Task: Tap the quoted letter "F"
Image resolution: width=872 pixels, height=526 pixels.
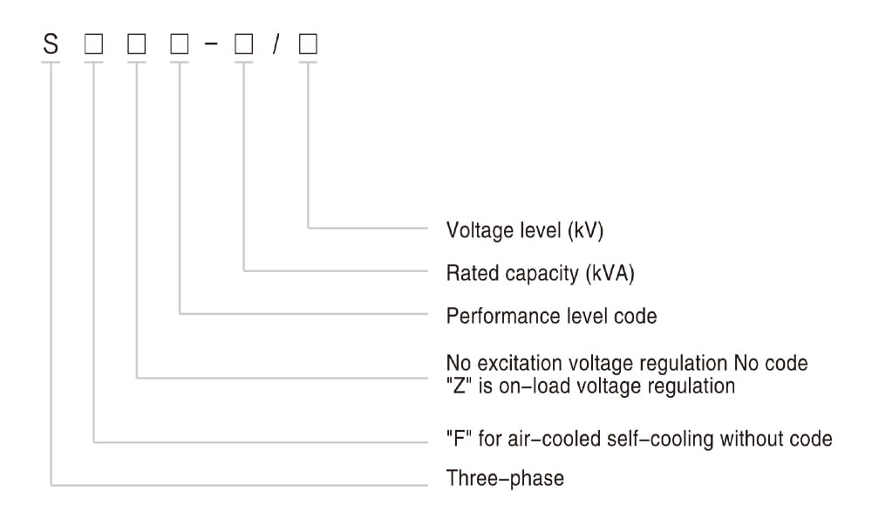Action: pos(459,439)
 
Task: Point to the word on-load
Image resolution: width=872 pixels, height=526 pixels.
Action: pos(530,386)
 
